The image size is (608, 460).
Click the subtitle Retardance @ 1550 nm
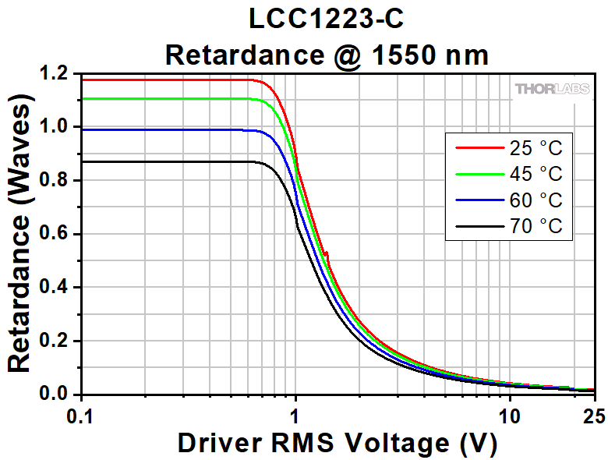[x=327, y=55]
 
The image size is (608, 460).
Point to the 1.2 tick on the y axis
[x=55, y=74]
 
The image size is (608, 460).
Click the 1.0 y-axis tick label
[x=55, y=127]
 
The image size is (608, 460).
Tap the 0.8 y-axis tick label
[x=55, y=181]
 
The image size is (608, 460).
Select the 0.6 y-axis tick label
[x=55, y=234]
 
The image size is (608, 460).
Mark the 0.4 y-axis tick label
[x=55, y=288]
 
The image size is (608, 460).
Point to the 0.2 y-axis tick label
[x=55, y=341]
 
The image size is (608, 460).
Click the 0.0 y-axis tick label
[x=55, y=395]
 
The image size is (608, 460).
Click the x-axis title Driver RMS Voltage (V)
[x=337, y=442]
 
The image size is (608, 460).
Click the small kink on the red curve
[x=327, y=254]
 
